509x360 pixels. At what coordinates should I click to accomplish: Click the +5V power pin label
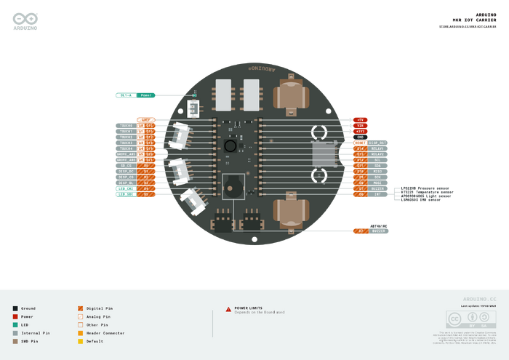[361, 119]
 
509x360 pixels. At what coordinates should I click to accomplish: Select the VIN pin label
[361, 125]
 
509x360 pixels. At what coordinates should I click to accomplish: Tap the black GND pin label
[361, 137]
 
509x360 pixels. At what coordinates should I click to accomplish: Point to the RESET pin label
[361, 143]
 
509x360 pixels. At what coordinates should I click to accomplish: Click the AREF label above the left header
[146, 119]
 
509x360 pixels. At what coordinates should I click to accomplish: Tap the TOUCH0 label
[125, 125]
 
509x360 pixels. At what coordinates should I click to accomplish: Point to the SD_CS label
[125, 165]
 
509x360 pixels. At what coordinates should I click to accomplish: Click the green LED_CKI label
[125, 188]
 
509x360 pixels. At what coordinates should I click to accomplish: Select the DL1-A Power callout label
[135, 95]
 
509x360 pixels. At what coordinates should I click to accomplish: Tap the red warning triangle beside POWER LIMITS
[228, 308]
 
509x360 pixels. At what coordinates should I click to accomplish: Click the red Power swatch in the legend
[15, 316]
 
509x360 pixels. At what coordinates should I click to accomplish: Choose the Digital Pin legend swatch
[80, 308]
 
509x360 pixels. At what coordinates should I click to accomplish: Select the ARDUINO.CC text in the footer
[479, 299]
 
